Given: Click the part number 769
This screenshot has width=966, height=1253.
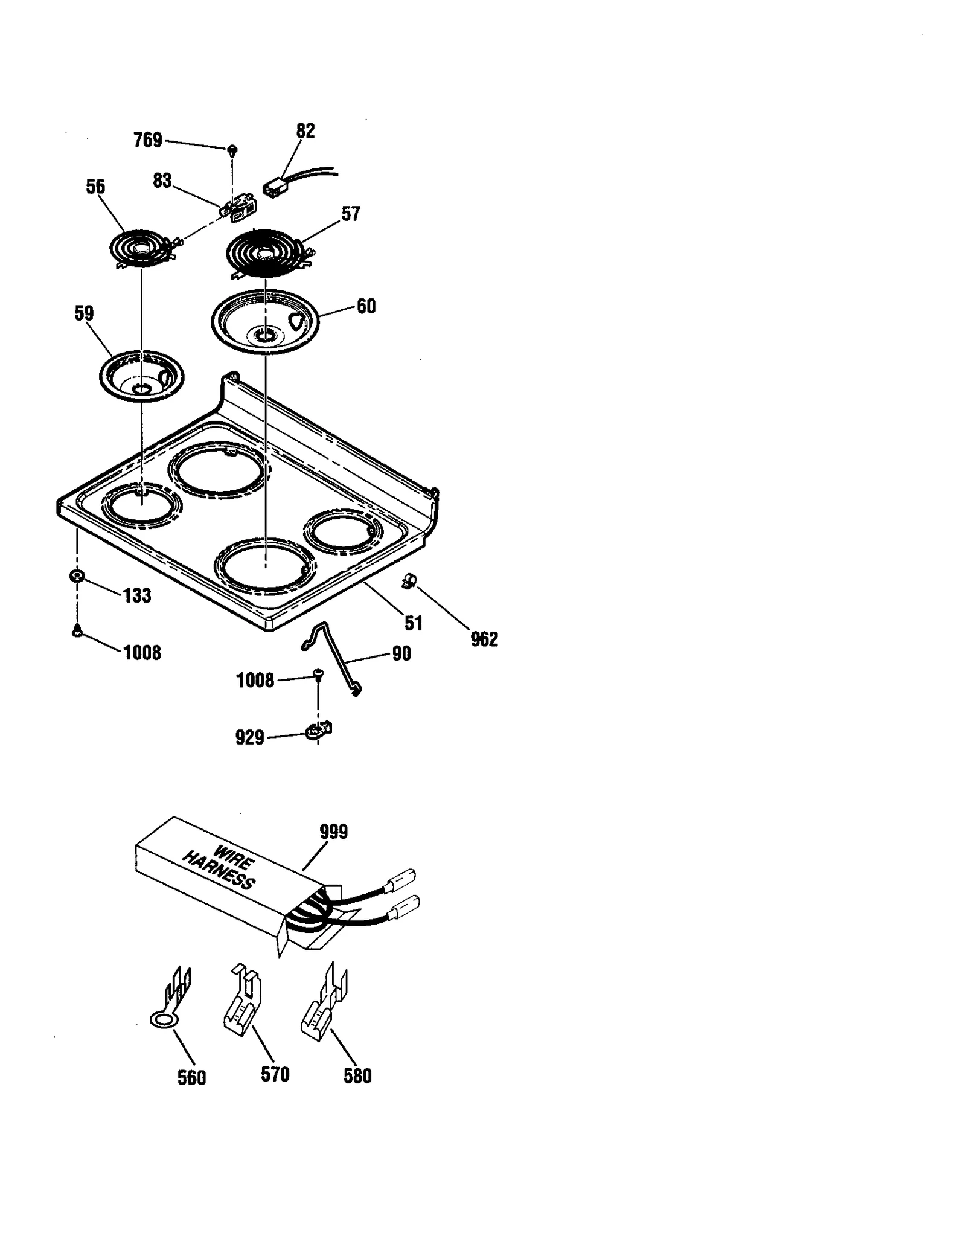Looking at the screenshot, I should tap(148, 140).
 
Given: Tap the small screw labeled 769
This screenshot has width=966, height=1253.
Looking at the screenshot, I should tap(232, 149).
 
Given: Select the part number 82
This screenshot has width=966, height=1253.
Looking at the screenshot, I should tap(305, 131).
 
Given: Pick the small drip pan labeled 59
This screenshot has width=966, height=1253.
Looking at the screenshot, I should tap(142, 376).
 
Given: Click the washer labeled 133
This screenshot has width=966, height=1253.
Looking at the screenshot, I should tap(77, 575).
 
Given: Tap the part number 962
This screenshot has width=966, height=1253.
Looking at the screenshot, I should tap(484, 639).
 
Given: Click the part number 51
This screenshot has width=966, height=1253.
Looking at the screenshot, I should tap(414, 623).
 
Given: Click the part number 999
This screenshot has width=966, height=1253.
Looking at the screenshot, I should tap(334, 832).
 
